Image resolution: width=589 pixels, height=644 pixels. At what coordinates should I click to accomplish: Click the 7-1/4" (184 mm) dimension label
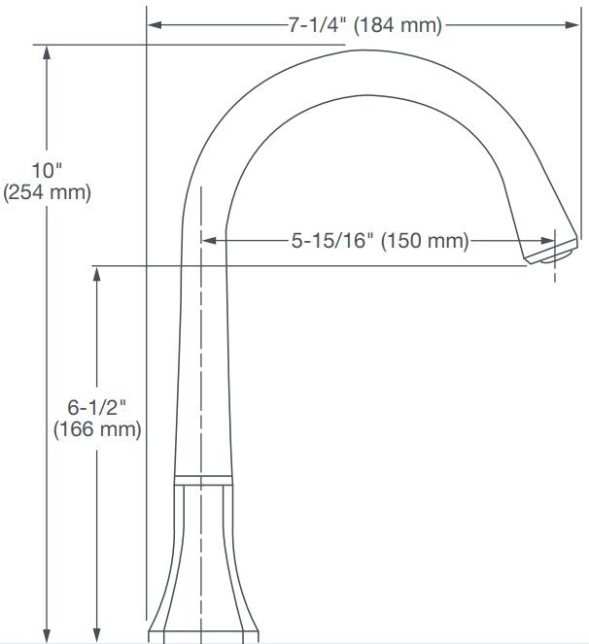click(x=365, y=25)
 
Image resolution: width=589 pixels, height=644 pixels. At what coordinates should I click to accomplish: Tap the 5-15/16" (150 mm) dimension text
click(x=380, y=240)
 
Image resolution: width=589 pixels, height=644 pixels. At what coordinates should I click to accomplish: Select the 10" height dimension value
click(x=47, y=170)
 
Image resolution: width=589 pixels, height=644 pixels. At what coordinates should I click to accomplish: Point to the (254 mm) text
click(x=47, y=192)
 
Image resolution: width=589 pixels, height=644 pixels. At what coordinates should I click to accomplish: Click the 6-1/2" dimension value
click(x=96, y=407)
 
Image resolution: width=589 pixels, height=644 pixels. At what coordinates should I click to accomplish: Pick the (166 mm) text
click(x=97, y=429)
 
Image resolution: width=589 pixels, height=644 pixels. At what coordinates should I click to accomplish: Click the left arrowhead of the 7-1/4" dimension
click(x=155, y=25)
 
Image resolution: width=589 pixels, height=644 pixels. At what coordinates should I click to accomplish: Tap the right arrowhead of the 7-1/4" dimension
click(x=572, y=25)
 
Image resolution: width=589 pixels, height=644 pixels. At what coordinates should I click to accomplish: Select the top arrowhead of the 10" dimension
click(x=47, y=52)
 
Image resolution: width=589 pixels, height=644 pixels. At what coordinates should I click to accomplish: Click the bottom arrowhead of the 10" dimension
click(x=47, y=635)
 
